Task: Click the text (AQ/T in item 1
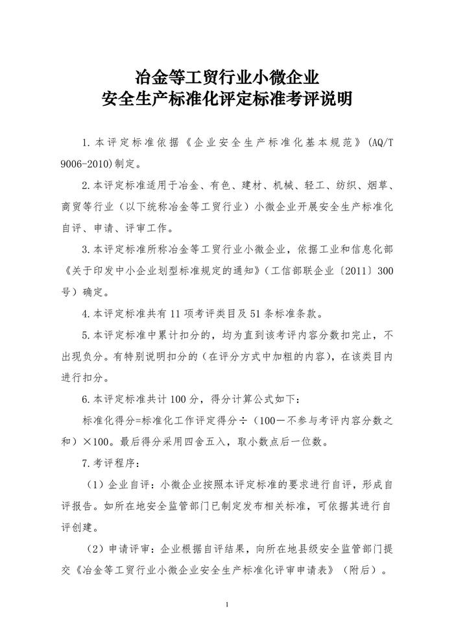381,142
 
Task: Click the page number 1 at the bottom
227,604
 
